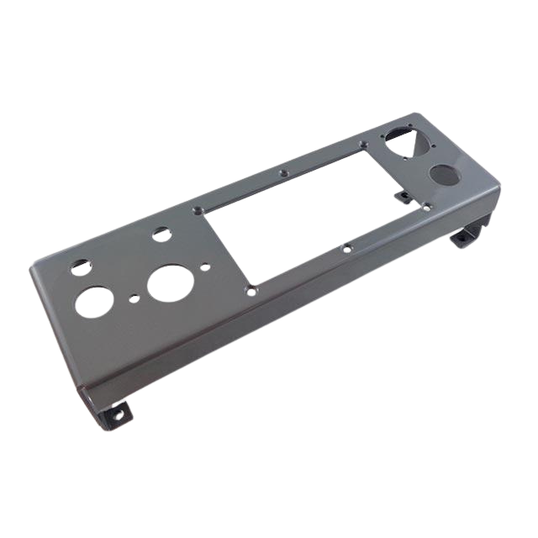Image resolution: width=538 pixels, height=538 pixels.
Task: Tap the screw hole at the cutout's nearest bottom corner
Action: pyautogui.click(x=251, y=287)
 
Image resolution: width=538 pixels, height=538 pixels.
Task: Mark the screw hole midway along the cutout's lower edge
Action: pyautogui.click(x=346, y=248)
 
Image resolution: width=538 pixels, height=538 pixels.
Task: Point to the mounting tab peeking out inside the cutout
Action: pyautogui.click(x=406, y=197)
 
